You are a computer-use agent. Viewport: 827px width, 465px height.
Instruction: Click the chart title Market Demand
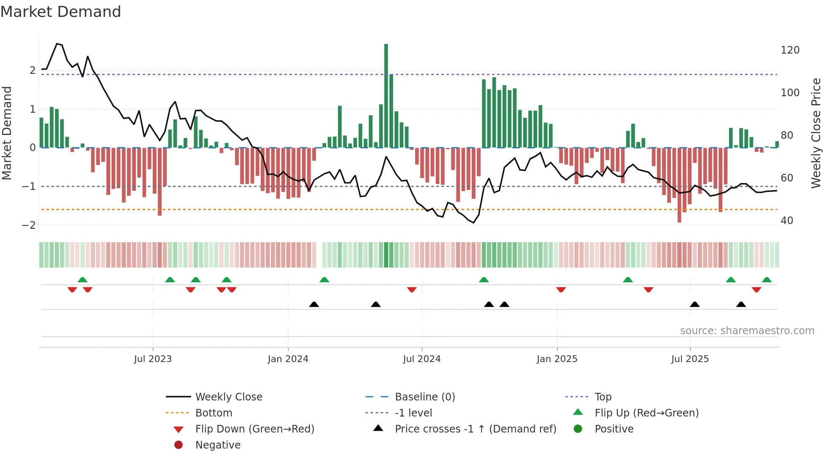click(x=61, y=11)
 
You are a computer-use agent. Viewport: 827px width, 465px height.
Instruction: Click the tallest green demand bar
click(x=386, y=95)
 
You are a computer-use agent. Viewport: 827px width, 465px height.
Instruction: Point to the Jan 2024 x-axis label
click(x=288, y=359)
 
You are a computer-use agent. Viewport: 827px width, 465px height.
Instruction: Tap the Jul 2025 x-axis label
click(x=690, y=359)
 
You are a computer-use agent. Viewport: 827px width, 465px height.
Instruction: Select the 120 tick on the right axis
click(x=790, y=50)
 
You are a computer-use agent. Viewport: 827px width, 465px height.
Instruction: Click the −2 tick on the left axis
click(x=29, y=225)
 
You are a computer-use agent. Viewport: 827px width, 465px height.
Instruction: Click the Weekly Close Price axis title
click(x=816, y=133)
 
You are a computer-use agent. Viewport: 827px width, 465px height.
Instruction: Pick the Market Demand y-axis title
click(x=7, y=133)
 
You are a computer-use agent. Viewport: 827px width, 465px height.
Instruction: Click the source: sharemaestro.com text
click(x=747, y=331)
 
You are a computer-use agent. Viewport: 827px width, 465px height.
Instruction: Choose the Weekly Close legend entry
click(x=228, y=397)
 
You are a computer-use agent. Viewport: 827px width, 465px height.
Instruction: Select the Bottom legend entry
click(x=214, y=413)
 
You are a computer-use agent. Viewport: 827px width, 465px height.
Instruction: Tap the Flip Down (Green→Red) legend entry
click(x=254, y=429)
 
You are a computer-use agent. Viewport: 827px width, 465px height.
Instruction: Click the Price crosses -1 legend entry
click(x=475, y=429)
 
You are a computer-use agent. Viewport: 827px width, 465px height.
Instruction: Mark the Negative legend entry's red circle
click(x=178, y=445)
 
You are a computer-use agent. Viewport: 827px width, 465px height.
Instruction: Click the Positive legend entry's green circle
click(x=578, y=429)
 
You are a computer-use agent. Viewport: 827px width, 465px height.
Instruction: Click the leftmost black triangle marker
click(x=314, y=304)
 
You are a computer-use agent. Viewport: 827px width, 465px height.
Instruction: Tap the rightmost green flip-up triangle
click(x=767, y=280)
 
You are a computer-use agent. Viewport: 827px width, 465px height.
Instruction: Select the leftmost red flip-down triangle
click(x=72, y=289)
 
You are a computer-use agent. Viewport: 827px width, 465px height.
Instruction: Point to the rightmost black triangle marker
click(x=741, y=304)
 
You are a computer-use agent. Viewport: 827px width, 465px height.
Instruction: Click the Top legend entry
click(x=603, y=397)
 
